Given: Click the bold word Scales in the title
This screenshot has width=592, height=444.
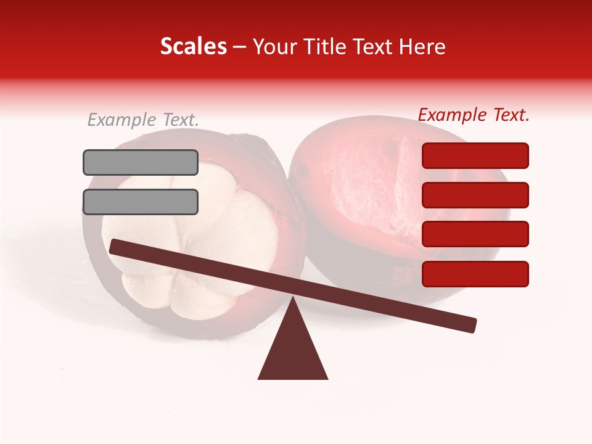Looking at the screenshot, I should pyautogui.click(x=193, y=47).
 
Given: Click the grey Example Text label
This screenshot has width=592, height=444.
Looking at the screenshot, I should pyautogui.click(x=143, y=120).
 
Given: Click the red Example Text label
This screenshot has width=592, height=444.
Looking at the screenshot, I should pyautogui.click(x=474, y=115).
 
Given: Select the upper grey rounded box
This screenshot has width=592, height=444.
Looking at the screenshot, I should pyautogui.click(x=141, y=162).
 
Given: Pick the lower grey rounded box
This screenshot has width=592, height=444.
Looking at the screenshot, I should pyautogui.click(x=141, y=202).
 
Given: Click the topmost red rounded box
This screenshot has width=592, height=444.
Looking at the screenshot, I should pyautogui.click(x=475, y=155).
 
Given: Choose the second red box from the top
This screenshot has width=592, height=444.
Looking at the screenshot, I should pyautogui.click(x=475, y=195).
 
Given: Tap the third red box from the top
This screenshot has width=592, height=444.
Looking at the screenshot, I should pyautogui.click(x=475, y=234).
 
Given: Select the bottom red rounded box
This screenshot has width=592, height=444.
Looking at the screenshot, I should pyautogui.click(x=475, y=274).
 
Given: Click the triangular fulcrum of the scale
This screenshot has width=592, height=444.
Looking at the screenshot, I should pyautogui.click(x=292, y=351).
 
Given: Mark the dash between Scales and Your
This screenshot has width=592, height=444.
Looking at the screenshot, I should pyautogui.click(x=240, y=47).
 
